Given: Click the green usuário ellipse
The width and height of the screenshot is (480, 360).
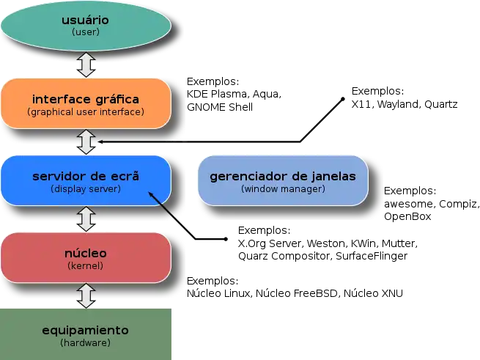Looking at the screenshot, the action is pyautogui.click(x=86, y=26).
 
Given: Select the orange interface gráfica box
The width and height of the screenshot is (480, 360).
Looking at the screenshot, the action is pyautogui.click(x=86, y=103).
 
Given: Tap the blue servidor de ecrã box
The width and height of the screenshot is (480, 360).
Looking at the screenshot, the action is pyautogui.click(x=86, y=180).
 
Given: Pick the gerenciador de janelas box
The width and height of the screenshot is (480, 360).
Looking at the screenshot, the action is pyautogui.click(x=283, y=180).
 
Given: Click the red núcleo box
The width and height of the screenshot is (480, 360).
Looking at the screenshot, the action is pyautogui.click(x=86, y=257).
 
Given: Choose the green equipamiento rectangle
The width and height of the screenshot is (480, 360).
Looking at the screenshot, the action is pyautogui.click(x=86, y=334).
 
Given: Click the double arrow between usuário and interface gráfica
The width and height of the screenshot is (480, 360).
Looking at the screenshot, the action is pyautogui.click(x=86, y=65).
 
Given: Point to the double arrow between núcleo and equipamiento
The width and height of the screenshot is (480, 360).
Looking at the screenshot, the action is pyautogui.click(x=86, y=295).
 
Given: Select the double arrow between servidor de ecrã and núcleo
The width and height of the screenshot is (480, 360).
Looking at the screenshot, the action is pyautogui.click(x=86, y=219).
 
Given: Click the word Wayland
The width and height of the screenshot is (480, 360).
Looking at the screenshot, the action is pyautogui.click(x=399, y=104).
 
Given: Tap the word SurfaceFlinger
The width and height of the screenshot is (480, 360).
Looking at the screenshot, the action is pyautogui.click(x=372, y=256).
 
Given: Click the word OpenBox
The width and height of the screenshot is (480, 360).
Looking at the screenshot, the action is pyautogui.click(x=407, y=216).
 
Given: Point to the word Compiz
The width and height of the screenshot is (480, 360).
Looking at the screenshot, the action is pyautogui.click(x=458, y=204).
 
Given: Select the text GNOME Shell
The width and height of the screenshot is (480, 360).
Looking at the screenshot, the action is pyautogui.click(x=220, y=107).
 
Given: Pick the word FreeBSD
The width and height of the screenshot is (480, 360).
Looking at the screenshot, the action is pyautogui.click(x=315, y=293).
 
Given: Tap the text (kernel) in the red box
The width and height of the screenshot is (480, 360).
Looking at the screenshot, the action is pyautogui.click(x=86, y=265).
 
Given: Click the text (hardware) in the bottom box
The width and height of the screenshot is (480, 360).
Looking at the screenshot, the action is pyautogui.click(x=86, y=342).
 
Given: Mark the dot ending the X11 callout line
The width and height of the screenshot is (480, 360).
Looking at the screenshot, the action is pyautogui.click(x=343, y=99).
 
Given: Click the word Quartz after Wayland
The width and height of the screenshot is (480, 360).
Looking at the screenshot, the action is pyautogui.click(x=441, y=104).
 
